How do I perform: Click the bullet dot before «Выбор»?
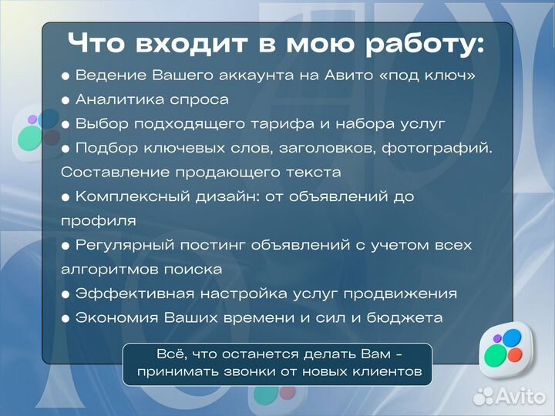coord(66,124)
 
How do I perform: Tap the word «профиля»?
coord(99,221)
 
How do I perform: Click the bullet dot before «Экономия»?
coord(66,318)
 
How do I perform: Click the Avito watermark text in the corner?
coord(521,397)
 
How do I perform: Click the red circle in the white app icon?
coord(514,355)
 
